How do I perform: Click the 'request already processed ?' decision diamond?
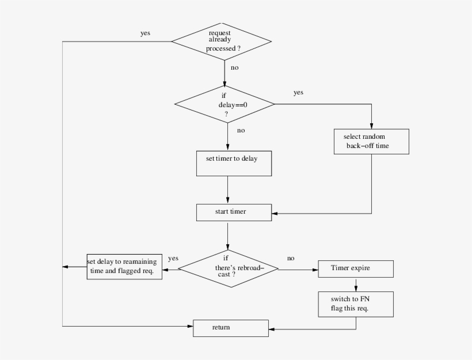pos(222,41)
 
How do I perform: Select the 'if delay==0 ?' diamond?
pos(225,104)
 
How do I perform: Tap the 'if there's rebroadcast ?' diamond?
pos(229,268)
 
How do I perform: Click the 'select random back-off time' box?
pos(372,141)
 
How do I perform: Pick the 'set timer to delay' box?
pos(234,163)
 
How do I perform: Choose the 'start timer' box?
pos(234,212)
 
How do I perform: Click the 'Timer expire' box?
pos(356,269)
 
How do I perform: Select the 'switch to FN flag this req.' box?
pos(356,304)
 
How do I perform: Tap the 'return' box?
pos(231,328)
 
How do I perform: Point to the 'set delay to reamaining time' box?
pos(124,267)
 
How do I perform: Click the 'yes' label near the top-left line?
pos(145,33)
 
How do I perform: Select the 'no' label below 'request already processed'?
pos(234,67)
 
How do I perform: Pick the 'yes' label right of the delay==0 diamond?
pos(298,92)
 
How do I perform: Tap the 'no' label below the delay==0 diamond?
pos(241,130)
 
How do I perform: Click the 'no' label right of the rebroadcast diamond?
pos(291,258)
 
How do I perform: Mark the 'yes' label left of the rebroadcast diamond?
pos(173,258)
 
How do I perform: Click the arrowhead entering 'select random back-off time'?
pos(372,126)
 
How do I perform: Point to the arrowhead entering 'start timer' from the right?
pos(274,214)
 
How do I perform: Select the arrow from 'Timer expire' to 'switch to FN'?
pos(356,285)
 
